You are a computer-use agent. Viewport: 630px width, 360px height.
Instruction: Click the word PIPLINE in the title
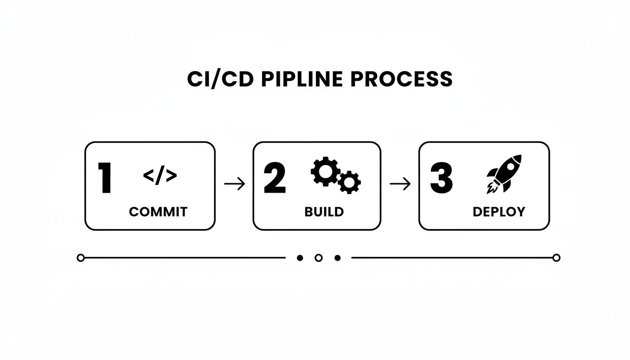303,79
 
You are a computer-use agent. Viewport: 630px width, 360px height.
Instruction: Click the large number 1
105,179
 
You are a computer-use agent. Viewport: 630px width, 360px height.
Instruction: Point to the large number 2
275,179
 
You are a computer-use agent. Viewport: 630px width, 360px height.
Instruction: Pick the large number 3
441,179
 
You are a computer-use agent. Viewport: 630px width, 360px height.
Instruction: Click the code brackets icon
160,176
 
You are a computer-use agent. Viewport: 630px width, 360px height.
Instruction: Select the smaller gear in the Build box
349,182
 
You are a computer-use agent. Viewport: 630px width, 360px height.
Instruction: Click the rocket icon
503,173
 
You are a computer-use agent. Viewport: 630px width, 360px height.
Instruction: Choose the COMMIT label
158,212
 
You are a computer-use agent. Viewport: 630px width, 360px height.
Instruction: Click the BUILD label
324,212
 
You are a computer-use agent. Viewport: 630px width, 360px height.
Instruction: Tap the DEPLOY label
499,212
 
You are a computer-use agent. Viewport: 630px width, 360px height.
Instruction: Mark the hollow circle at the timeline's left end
81,258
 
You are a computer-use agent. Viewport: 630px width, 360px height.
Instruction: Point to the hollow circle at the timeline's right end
556,258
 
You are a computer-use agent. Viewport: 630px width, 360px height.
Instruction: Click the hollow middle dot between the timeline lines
318,258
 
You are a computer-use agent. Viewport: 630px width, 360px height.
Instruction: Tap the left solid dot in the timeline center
300,258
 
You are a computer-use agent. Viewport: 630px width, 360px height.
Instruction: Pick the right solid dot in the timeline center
337,258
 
